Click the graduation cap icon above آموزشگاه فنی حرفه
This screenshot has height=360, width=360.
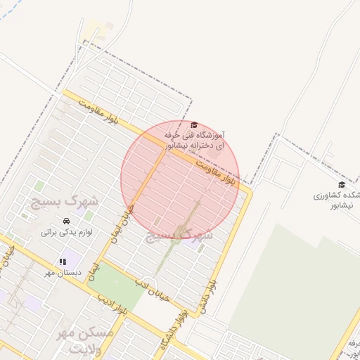pyautogui.click(x=194, y=124)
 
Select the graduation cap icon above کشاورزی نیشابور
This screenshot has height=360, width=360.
pyautogui.click(x=342, y=184)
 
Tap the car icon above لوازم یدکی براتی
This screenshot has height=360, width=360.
pyautogui.click(x=67, y=220)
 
